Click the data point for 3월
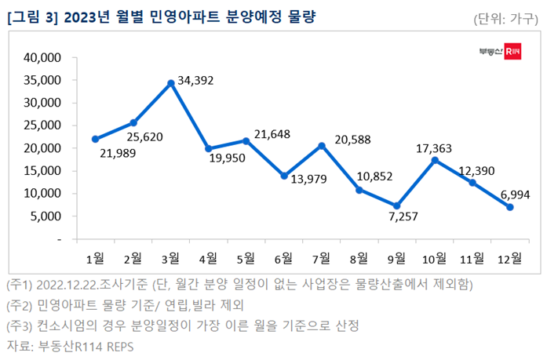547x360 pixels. coord(171,82)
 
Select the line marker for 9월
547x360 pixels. coord(397,205)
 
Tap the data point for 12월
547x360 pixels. coord(510,207)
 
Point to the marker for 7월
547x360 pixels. coord(322,145)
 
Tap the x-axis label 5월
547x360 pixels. coord(246,257)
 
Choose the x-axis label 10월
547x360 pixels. coord(434,257)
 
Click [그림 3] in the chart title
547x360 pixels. coord(31,17)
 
